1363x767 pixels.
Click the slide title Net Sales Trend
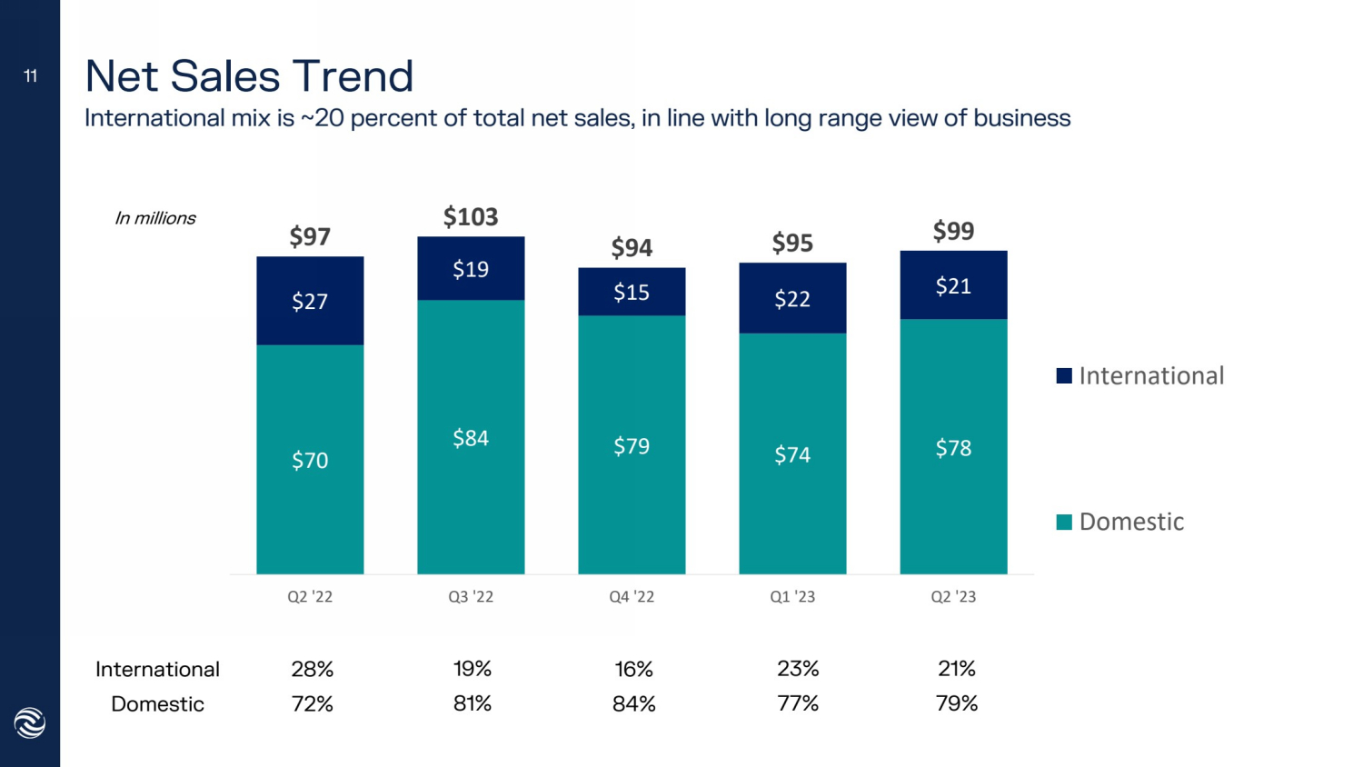(249, 76)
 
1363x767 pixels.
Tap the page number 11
(30, 76)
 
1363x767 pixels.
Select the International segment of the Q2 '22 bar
(310, 301)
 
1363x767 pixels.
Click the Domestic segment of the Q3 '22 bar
(471, 437)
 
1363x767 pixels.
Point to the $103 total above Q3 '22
(471, 217)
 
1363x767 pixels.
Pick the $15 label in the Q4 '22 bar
(632, 293)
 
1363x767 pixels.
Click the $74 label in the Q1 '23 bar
(792, 454)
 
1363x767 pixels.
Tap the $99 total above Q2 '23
(953, 231)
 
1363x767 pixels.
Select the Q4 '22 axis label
(632, 597)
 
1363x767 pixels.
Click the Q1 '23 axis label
(792, 597)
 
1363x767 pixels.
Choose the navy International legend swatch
(1064, 376)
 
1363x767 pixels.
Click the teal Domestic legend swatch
(1064, 522)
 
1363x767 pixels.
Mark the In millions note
(154, 218)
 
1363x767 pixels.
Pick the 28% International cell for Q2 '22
(312, 670)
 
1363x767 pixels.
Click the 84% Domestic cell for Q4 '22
(633, 703)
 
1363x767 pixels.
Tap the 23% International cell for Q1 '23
(798, 670)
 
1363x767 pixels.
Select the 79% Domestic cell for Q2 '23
(956, 703)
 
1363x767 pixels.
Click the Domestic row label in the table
(157, 704)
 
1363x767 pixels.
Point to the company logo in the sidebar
(30, 723)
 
